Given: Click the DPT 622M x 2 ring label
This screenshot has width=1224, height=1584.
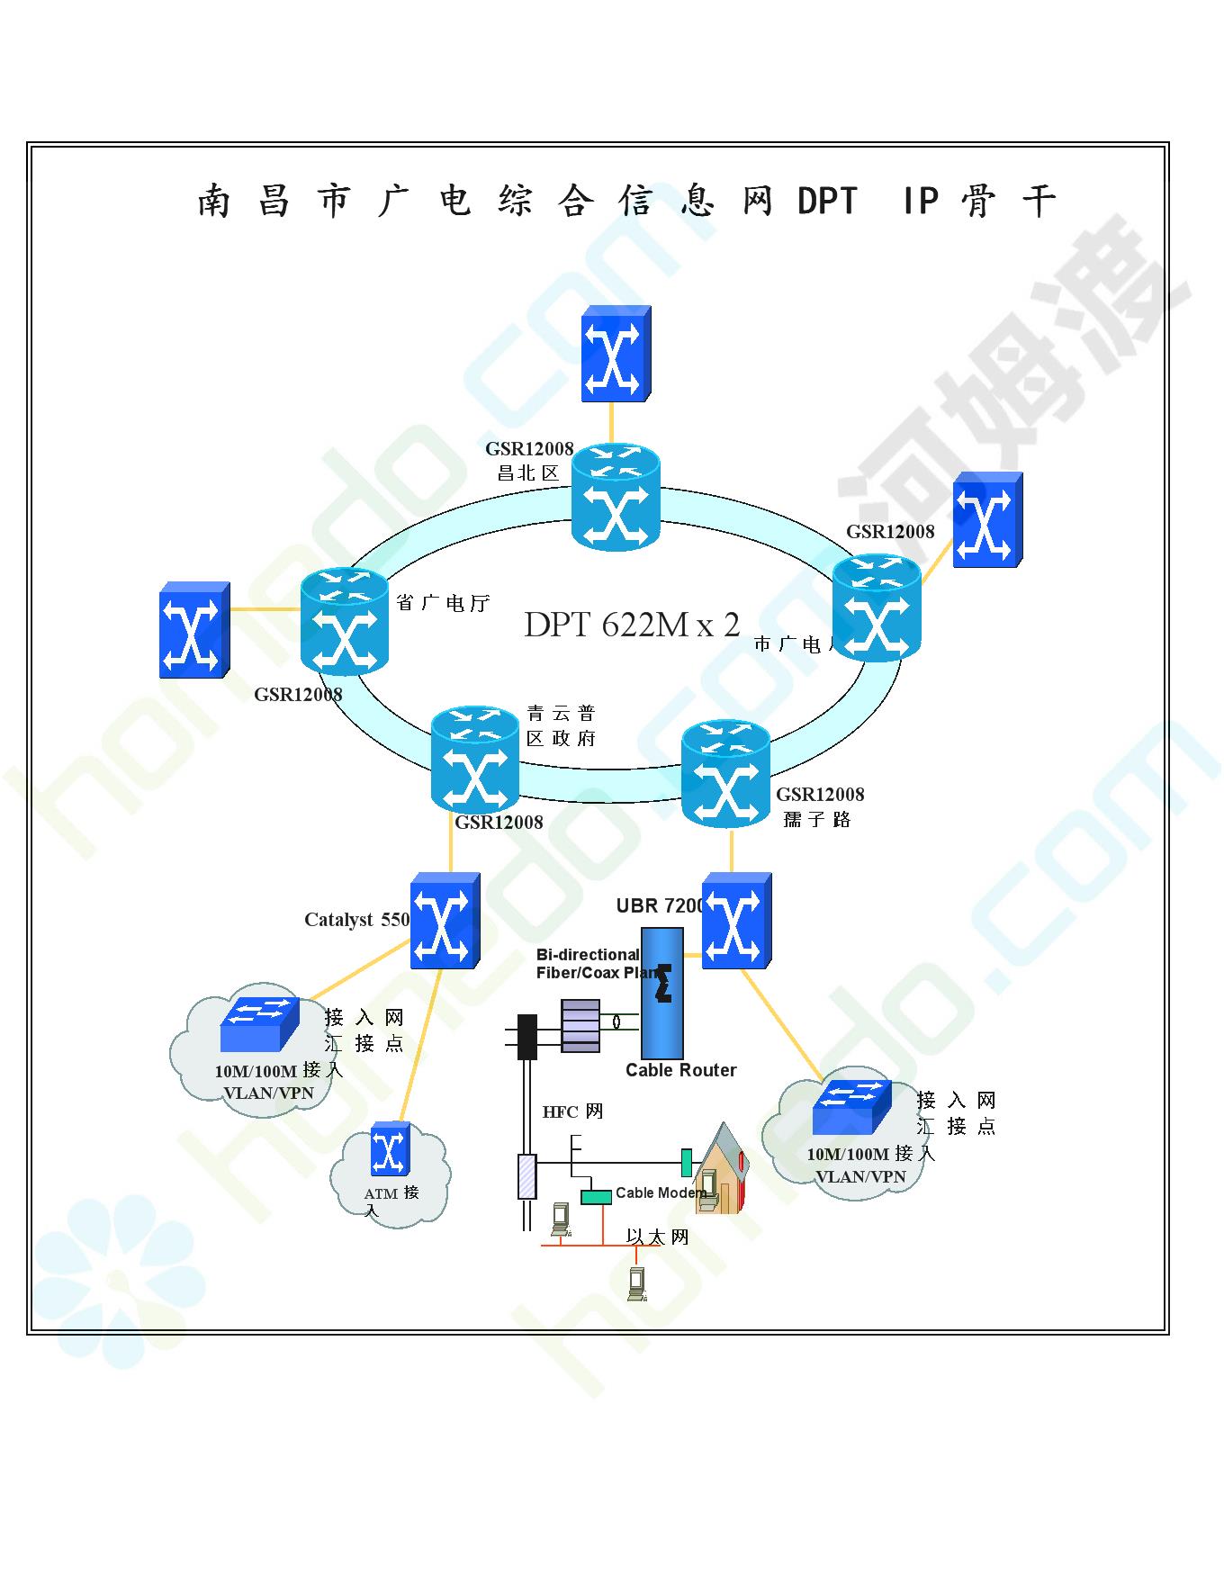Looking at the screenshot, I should pyautogui.click(x=632, y=624).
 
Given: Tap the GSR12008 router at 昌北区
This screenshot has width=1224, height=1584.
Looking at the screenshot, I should pyautogui.click(x=616, y=498).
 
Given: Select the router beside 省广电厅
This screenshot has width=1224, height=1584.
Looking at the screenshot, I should pyautogui.click(x=345, y=623).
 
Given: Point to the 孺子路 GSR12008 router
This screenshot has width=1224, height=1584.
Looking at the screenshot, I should pyautogui.click(x=725, y=773).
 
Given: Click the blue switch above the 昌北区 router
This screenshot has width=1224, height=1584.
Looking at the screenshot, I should pyautogui.click(x=616, y=354).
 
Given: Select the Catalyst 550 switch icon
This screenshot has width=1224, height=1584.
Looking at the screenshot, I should pyautogui.click(x=445, y=921).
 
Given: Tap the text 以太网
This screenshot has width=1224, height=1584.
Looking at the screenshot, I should pyautogui.click(x=658, y=1237).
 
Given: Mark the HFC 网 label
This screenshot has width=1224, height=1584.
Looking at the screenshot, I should pyautogui.click(x=572, y=1111).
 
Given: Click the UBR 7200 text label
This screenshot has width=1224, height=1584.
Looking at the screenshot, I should pyautogui.click(x=660, y=905).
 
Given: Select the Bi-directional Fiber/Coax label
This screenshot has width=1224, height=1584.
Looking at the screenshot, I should pyautogui.click(x=594, y=963).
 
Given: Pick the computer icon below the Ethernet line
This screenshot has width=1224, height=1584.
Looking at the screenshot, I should pyautogui.click(x=638, y=1284).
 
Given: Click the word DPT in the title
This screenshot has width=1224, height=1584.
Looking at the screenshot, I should pyautogui.click(x=828, y=201).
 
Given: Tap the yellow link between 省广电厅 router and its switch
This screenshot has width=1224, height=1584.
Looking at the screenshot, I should pyautogui.click(x=265, y=609).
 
